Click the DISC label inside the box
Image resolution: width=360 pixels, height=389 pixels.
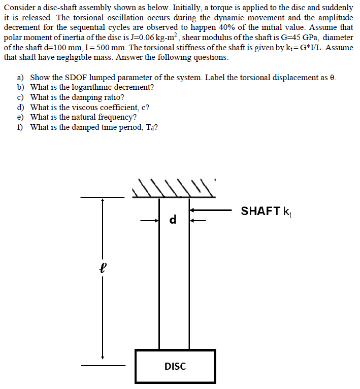(x=175, y=366)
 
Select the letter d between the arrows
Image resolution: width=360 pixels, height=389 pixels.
(x=173, y=220)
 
